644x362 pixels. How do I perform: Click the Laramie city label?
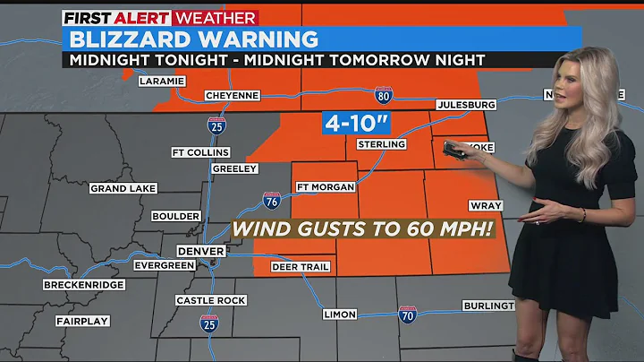(x=162, y=82)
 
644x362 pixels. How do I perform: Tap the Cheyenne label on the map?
(x=233, y=95)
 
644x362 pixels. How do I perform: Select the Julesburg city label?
(x=465, y=105)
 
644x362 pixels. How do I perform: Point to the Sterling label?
(x=382, y=144)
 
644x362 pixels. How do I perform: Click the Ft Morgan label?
(x=326, y=186)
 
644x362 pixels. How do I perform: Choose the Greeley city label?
(x=235, y=168)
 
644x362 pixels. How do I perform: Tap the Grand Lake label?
(x=123, y=188)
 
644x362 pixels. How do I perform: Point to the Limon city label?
(x=340, y=315)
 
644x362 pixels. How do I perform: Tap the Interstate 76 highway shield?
(x=272, y=203)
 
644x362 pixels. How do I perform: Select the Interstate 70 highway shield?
(x=406, y=315)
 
